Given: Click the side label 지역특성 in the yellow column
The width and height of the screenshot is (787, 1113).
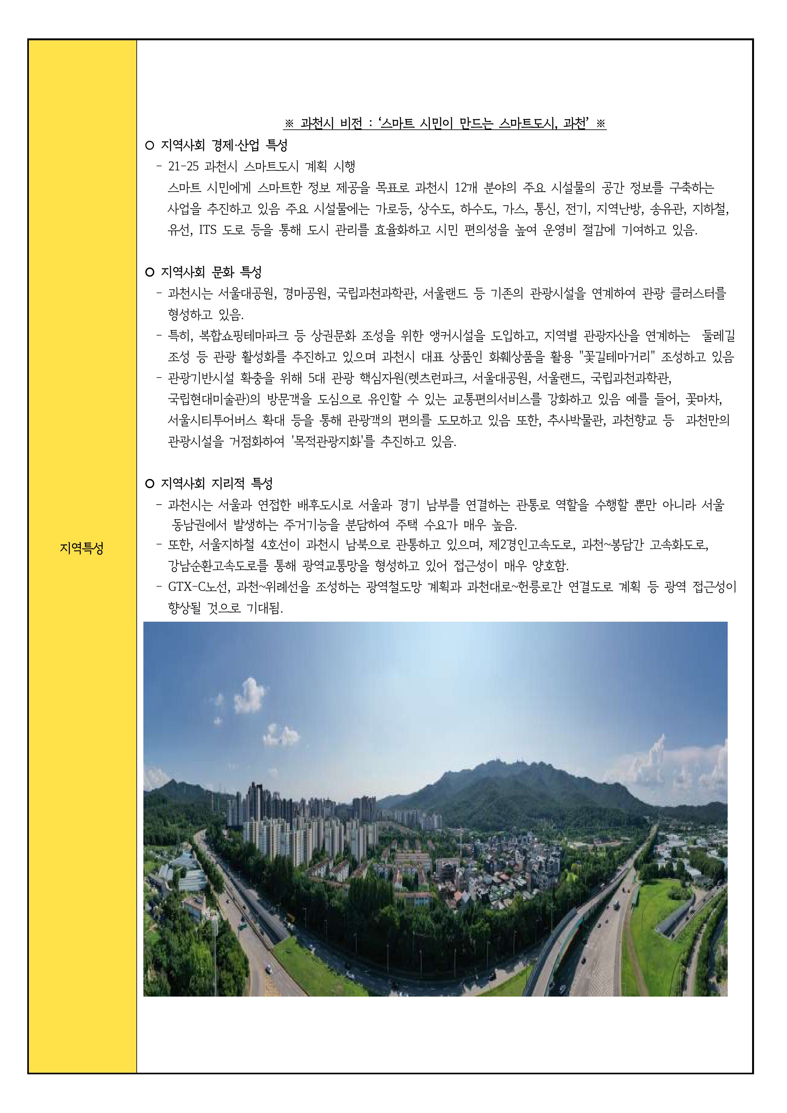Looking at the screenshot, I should click(82, 548).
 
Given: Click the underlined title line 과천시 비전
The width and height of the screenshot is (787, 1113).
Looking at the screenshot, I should click(445, 124).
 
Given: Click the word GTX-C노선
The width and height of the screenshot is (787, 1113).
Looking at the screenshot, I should click(199, 587).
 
